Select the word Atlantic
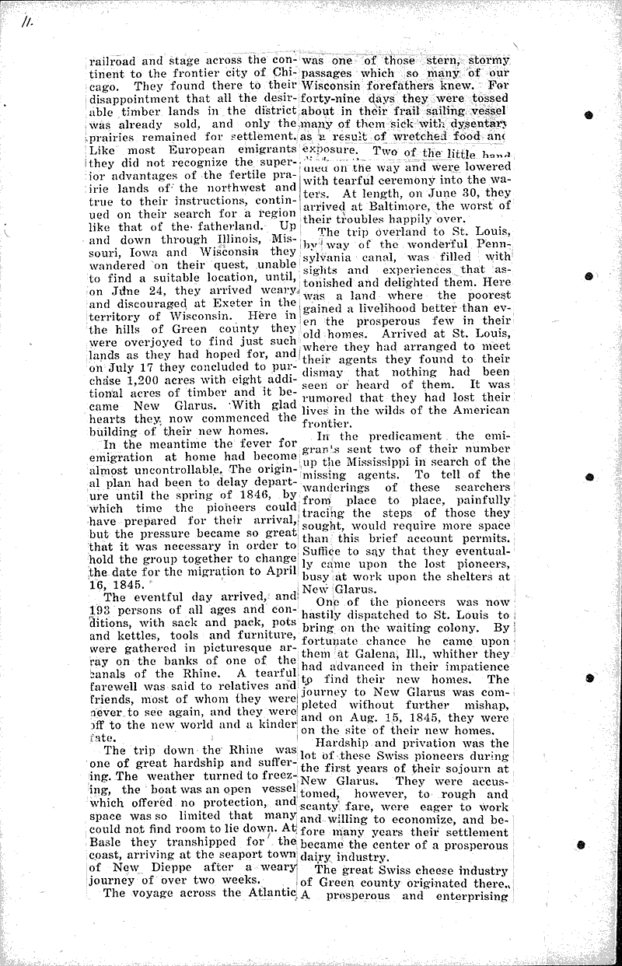coord(270,893)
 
